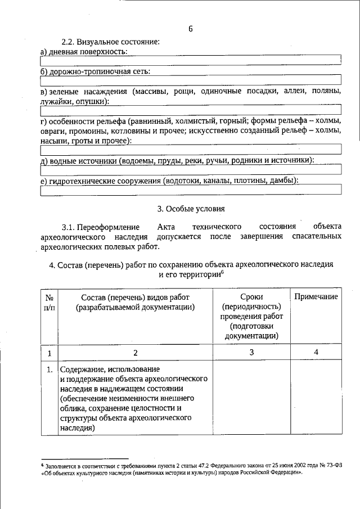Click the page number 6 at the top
(191, 29)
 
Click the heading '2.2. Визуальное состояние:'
(110, 42)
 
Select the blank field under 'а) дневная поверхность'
(191, 60)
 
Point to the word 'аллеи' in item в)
(292, 91)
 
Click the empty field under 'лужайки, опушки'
(191, 110)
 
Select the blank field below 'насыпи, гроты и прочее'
(191, 150)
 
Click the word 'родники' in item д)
(241, 160)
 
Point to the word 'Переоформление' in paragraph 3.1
(108, 227)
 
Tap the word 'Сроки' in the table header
(251, 297)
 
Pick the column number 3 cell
(251, 353)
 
